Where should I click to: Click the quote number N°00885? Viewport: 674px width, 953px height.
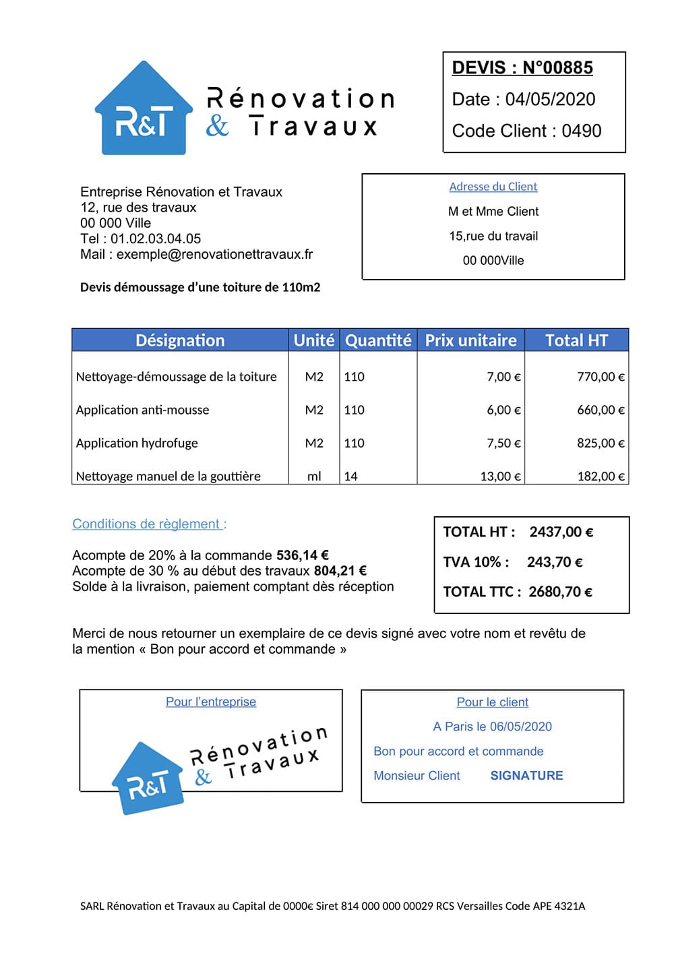(557, 68)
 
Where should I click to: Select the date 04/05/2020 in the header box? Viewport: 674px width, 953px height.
(550, 100)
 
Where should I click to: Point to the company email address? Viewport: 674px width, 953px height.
(214, 254)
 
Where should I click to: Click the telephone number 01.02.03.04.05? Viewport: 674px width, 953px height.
(156, 239)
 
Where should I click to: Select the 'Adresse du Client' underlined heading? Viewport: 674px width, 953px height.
(493, 187)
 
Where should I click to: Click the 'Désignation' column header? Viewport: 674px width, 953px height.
(180, 340)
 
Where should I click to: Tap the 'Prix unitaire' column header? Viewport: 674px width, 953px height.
(470, 340)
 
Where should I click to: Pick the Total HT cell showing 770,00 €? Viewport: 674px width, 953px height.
(600, 377)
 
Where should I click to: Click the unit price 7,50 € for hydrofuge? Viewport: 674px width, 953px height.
(503, 443)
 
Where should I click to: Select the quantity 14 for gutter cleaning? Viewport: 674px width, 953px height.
(350, 476)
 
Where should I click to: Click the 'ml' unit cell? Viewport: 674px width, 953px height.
(314, 476)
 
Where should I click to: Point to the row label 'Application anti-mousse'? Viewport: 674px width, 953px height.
(142, 410)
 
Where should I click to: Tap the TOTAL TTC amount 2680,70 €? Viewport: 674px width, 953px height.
(560, 592)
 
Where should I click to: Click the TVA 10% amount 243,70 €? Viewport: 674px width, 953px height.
(555, 562)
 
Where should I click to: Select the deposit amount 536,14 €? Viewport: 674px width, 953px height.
(302, 555)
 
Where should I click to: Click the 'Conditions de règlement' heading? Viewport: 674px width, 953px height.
(149, 524)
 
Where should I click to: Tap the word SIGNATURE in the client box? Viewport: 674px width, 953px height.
(526, 776)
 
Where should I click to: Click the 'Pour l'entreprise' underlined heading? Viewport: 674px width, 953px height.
(211, 702)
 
